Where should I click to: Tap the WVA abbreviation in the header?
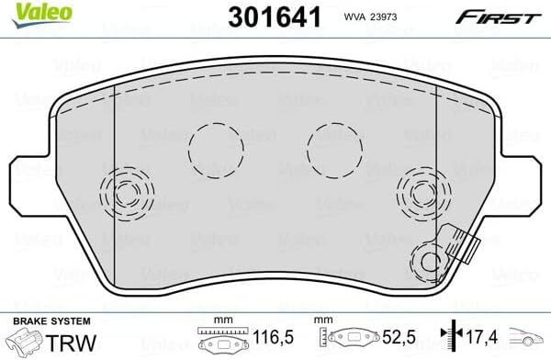(x=356, y=17)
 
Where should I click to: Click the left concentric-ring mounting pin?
(x=122, y=193)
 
